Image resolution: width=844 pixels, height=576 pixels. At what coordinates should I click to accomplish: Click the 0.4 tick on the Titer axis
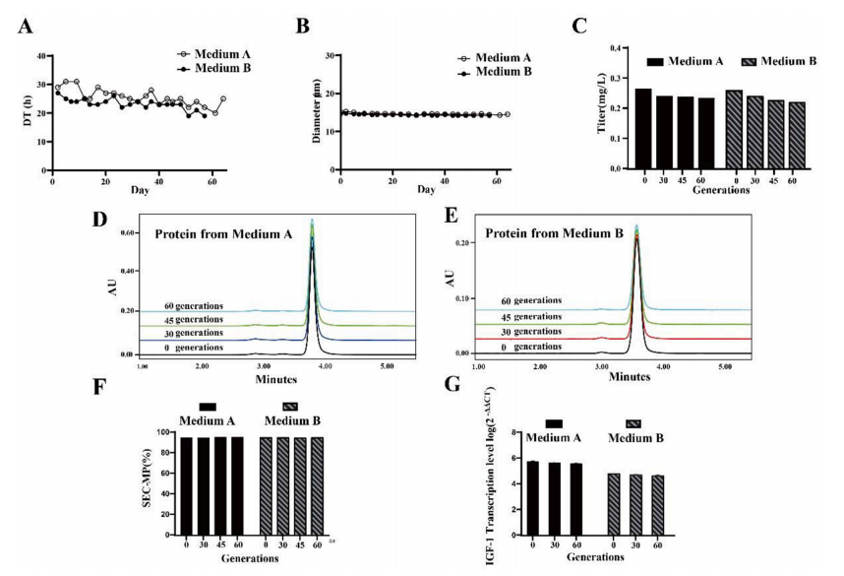[x=622, y=47]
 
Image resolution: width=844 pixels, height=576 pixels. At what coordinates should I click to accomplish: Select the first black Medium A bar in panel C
[x=643, y=128]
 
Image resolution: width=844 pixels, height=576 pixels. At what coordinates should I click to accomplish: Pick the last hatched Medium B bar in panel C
[x=797, y=135]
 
